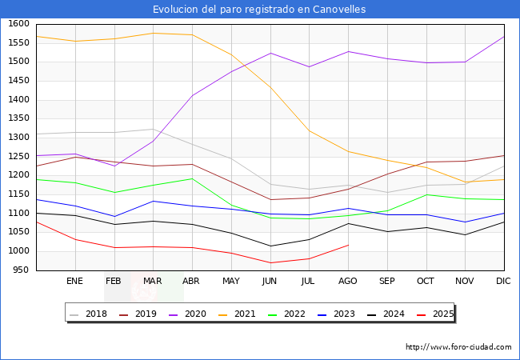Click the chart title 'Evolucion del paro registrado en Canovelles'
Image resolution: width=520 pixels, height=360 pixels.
(x=259, y=10)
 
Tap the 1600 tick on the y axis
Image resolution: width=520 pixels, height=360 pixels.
(x=19, y=23)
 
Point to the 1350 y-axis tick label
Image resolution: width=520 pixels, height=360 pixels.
(x=19, y=118)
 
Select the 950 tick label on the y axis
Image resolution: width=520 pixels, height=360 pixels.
(x=22, y=270)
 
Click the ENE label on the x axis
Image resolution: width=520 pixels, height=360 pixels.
(x=74, y=282)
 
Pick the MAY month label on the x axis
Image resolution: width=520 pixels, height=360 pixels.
(x=230, y=282)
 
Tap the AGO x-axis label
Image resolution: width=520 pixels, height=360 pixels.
(x=348, y=282)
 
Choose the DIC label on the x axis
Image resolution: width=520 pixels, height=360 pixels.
(x=503, y=282)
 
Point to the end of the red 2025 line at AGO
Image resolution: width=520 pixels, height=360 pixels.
(x=348, y=245)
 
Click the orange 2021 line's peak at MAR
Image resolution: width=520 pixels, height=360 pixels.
(x=153, y=33)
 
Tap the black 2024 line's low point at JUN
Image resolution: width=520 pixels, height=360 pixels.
(x=270, y=246)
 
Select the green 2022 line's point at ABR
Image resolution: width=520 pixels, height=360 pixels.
(x=192, y=178)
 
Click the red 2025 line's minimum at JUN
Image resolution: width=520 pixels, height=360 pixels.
(x=270, y=263)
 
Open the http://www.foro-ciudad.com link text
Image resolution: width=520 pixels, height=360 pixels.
(x=458, y=347)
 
